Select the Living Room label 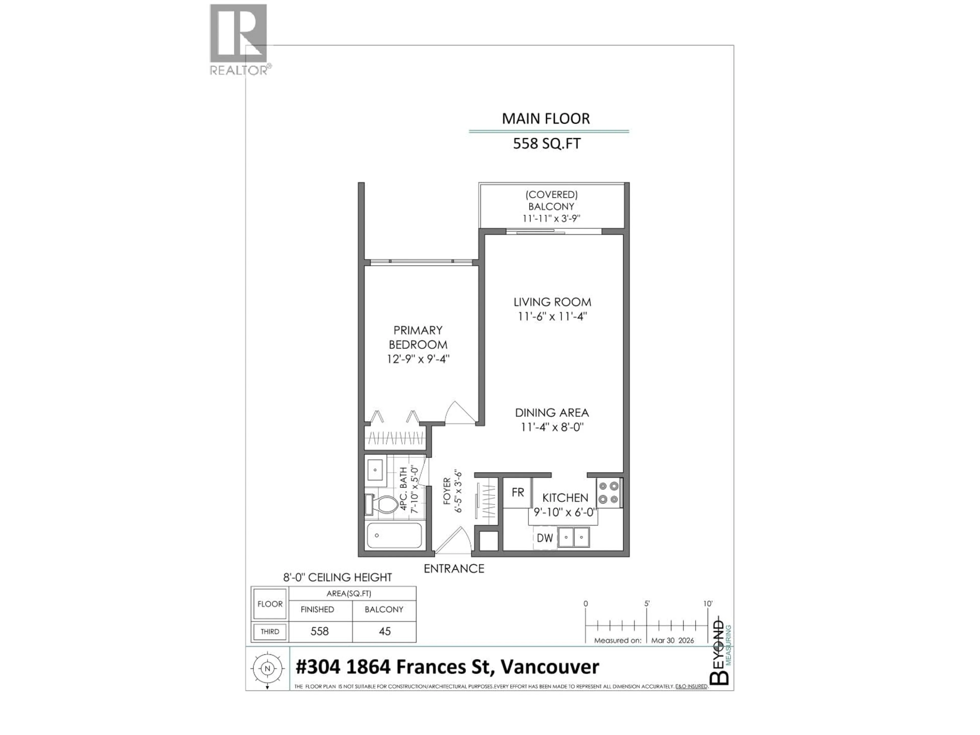[552, 302]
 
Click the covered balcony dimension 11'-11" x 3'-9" [551, 218]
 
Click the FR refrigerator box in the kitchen [518, 493]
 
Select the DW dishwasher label [545, 538]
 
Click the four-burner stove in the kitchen [608, 493]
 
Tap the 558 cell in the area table [320, 631]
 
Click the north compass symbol [267, 669]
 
